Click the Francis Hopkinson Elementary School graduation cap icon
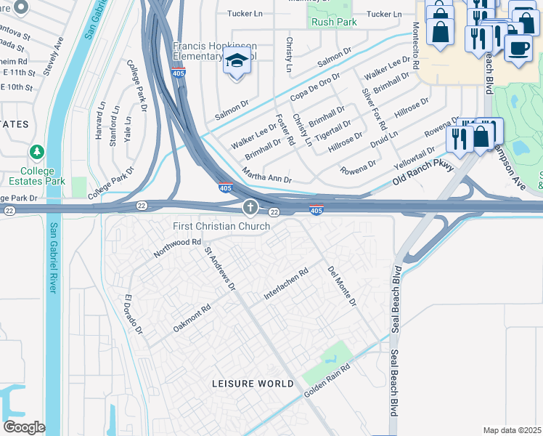[x=237, y=63]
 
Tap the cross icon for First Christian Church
[x=250, y=209]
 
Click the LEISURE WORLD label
[x=253, y=383]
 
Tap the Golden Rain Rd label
[x=327, y=381]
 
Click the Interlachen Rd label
[x=286, y=282]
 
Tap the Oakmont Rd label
[x=192, y=318]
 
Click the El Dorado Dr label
[x=133, y=315]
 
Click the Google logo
[x=24, y=427]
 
